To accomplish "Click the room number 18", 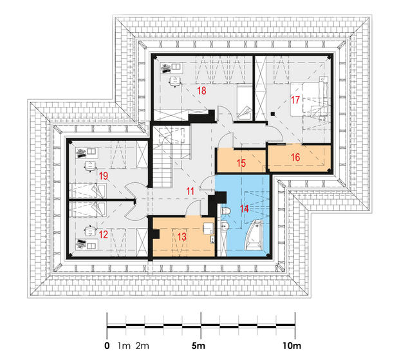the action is coord(202,91).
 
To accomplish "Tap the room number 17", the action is coord(295,100).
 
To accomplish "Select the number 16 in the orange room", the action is coord(295,157).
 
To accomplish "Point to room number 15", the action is coord(241,163).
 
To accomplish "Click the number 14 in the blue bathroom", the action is coord(245,209).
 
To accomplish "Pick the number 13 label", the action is coord(181,237).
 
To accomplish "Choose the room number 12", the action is coord(104,234).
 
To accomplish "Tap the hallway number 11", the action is coord(190,191).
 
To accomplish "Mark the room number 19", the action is coord(104,176).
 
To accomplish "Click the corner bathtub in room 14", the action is coord(253,234).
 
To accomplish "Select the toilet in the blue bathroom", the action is coord(226,211).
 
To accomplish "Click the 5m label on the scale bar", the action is coord(198,346).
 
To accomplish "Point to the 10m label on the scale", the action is coord(292,346).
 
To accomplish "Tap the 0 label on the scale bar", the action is coord(107,346).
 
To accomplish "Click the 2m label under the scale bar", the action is coord(142,346).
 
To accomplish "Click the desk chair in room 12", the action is coord(90,231).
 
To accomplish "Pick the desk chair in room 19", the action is coord(90,166).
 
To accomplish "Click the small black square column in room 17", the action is coord(273,114).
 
